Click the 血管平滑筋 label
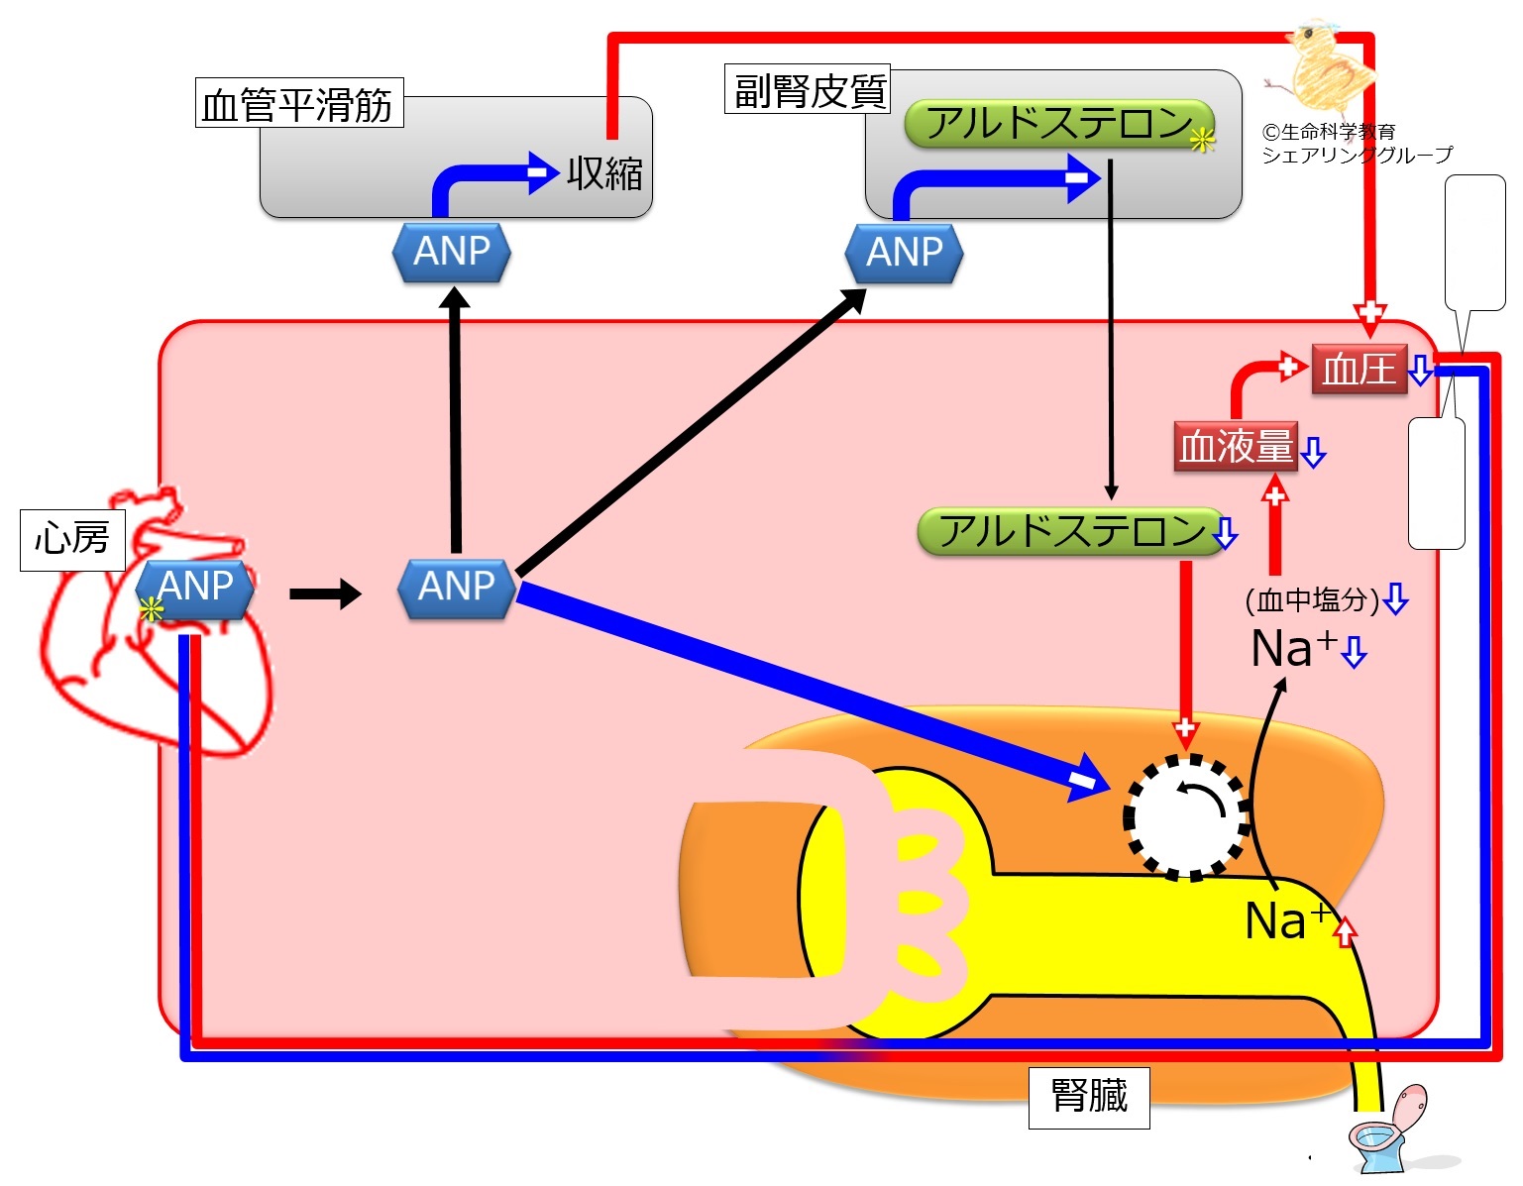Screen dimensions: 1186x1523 pyautogui.click(x=298, y=103)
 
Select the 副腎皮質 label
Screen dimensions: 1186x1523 pyautogui.click(x=808, y=90)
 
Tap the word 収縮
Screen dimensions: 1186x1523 pyautogui.click(x=604, y=173)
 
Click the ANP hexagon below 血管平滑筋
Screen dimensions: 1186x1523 pyautogui.click(x=452, y=253)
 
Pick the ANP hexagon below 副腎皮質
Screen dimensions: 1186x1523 pyautogui.click(x=904, y=253)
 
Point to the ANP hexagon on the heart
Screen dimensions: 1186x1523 pyautogui.click(x=195, y=588)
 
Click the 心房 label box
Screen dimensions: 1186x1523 pyautogui.click(x=72, y=540)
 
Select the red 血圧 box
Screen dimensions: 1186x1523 pyautogui.click(x=1359, y=370)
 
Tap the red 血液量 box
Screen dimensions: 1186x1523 pyautogui.click(x=1236, y=447)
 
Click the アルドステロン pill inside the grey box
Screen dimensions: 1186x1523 pyautogui.click(x=1058, y=124)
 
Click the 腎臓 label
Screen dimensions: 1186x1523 pyautogui.click(x=1088, y=1097)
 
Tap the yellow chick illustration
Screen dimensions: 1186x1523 pyautogui.click(x=1328, y=64)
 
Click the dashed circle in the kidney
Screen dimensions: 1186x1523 pyautogui.click(x=1186, y=816)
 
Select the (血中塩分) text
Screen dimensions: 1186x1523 pyautogui.click(x=1312, y=599)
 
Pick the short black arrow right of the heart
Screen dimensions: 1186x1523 pyautogui.click(x=325, y=593)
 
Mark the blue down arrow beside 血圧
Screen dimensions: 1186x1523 pyautogui.click(x=1420, y=370)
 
